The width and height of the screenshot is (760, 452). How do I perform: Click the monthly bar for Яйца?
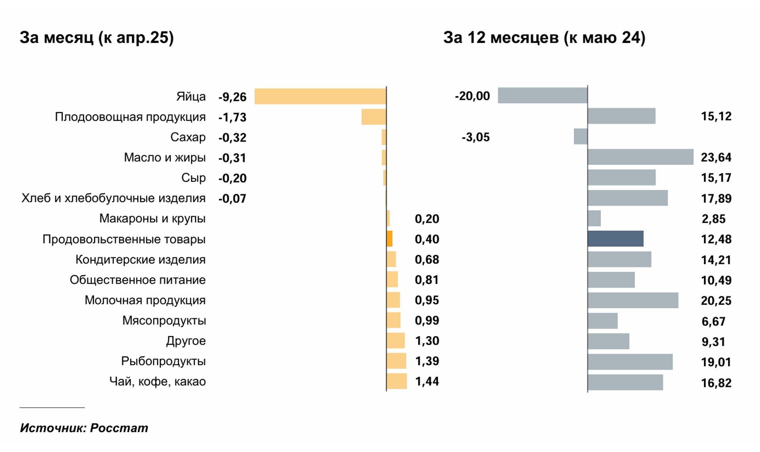tap(320, 96)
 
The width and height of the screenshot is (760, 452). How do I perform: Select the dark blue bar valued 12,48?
tap(616, 239)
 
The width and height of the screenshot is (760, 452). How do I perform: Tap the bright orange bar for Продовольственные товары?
tap(389, 239)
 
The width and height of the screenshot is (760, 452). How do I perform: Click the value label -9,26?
tap(232, 97)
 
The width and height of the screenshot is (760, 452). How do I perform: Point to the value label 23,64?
tap(716, 157)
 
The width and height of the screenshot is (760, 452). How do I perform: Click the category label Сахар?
tap(188, 137)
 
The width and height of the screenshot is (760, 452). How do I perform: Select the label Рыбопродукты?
tap(163, 361)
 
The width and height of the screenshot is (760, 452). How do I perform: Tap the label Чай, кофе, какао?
tap(158, 381)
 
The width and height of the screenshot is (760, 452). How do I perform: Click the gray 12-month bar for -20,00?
tap(542, 95)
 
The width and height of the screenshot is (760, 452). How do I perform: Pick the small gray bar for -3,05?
tap(581, 136)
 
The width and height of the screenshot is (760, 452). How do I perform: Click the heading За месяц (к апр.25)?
tap(97, 38)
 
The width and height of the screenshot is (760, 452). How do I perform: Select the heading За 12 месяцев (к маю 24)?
tap(544, 38)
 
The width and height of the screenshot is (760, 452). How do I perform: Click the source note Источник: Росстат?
tap(84, 428)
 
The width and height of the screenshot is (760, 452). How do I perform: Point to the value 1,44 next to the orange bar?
tap(427, 381)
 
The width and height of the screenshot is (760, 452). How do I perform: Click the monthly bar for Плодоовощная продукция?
tap(374, 117)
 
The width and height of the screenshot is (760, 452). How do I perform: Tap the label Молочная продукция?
tap(145, 300)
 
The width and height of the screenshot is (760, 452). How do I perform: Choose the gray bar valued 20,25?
tap(633, 300)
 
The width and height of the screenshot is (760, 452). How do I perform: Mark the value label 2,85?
tap(713, 219)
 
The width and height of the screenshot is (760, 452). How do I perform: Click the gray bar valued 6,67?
tap(602, 321)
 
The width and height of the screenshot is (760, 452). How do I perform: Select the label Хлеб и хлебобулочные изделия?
tap(114, 198)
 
